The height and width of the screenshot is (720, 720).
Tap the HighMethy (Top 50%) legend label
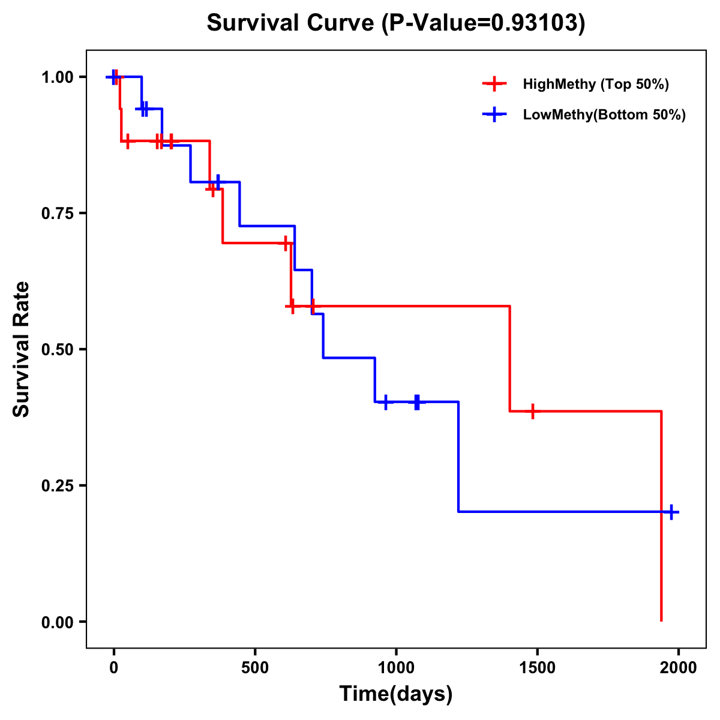pos(595,84)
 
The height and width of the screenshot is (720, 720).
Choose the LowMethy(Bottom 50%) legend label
pos(604,115)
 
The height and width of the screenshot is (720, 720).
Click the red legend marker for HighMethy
pos(493,84)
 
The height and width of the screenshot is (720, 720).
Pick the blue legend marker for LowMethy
pos(493,115)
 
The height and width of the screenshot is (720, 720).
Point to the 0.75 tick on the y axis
pos(57,214)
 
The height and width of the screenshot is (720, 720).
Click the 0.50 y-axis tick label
pos(57,350)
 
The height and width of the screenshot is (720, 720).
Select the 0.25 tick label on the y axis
pos(57,486)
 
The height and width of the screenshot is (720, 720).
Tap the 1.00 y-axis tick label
pos(57,77)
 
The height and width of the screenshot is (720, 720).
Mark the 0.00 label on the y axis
pos(57,622)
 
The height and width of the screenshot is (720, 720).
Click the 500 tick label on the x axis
pos(255,667)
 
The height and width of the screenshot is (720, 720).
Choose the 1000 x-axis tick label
pos(396,667)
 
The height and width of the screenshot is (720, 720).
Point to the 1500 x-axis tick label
pos(537,667)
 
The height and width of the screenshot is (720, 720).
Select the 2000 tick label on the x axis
pos(678,667)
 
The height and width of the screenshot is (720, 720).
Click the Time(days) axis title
pos(396,694)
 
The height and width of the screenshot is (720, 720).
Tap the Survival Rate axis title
pos(22,349)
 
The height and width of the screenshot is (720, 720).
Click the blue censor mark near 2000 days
pos(671,512)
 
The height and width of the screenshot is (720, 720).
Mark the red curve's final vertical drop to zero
pos(661,516)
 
